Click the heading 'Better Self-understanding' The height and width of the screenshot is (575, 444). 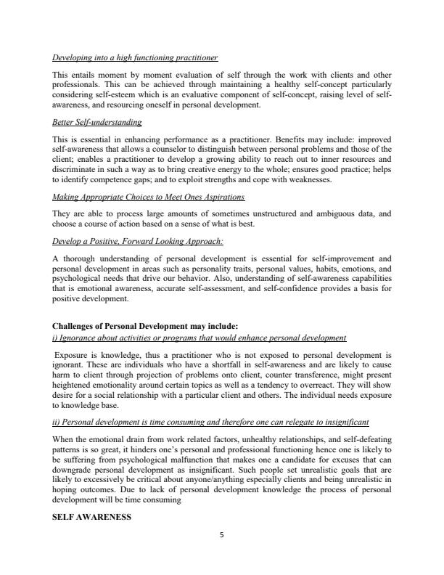pos(97,123)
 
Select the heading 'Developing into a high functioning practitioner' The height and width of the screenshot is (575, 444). pos(136,57)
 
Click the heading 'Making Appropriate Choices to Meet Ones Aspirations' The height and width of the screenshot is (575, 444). pos(149,197)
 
